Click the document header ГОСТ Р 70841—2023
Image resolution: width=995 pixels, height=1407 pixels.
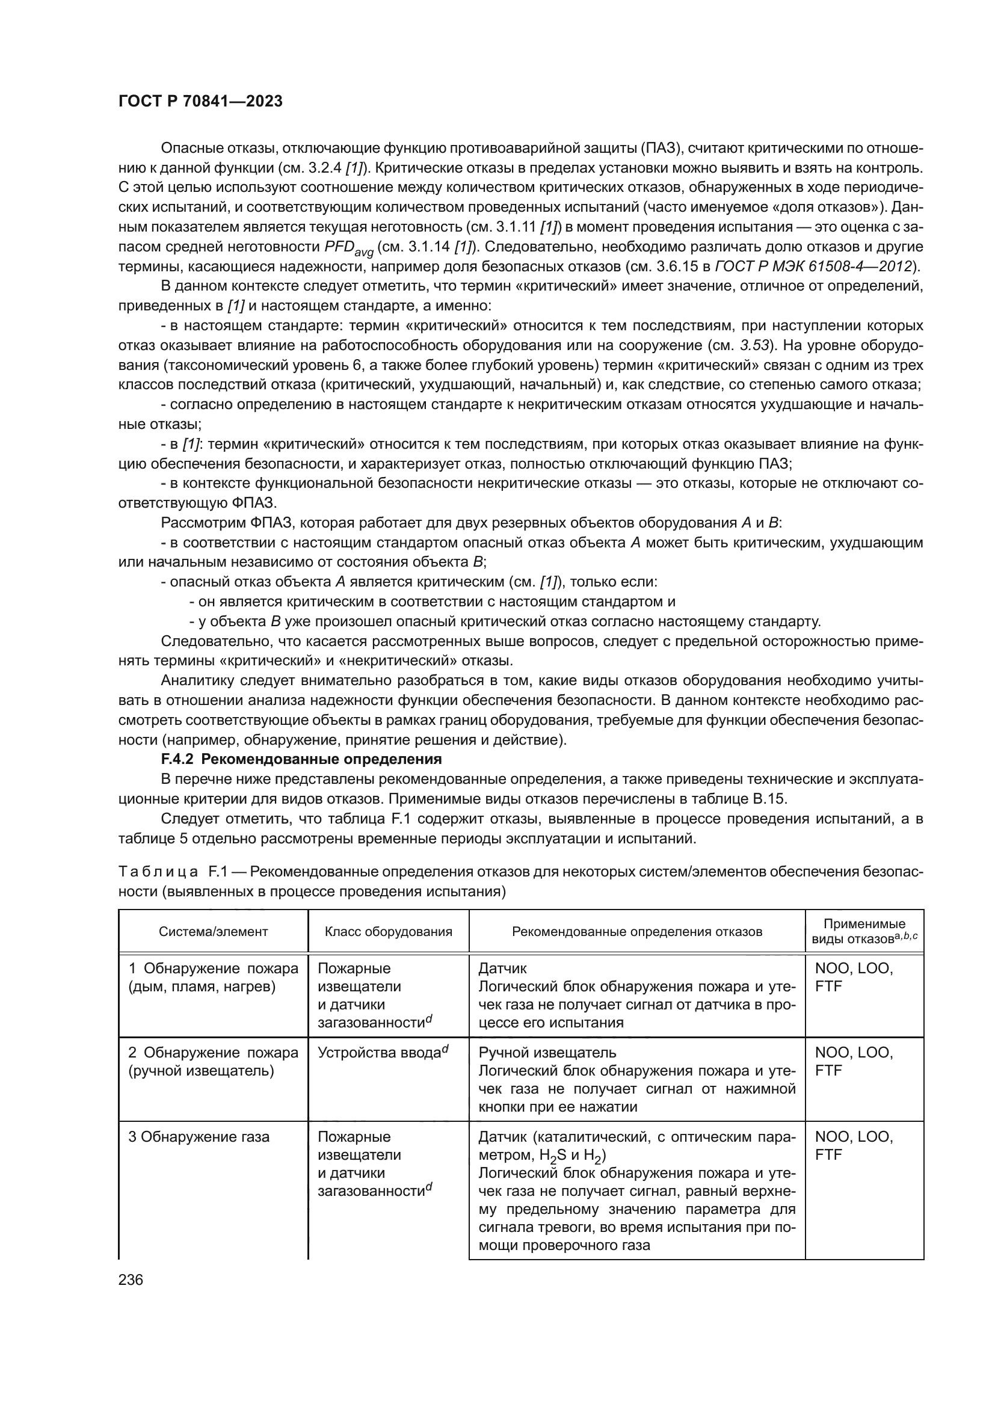point(200,102)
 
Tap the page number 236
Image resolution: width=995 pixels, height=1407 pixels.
point(131,1279)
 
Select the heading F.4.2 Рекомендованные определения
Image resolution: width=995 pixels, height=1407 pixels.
point(301,759)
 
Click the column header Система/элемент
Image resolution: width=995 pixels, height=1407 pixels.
point(213,931)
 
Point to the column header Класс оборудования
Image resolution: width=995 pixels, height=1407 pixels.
point(389,931)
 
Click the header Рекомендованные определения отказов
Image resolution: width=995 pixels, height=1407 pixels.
point(636,931)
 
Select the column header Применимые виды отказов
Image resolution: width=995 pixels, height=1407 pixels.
point(864,931)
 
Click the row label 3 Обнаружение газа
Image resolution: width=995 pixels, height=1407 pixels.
point(199,1137)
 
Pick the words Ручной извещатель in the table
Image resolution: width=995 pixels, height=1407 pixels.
point(547,1052)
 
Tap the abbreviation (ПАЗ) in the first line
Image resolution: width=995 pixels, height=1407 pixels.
point(659,148)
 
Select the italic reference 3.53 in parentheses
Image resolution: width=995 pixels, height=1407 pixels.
point(755,346)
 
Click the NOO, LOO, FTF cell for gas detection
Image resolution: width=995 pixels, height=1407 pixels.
point(854,1145)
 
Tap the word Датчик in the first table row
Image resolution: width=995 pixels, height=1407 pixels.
point(502,968)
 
